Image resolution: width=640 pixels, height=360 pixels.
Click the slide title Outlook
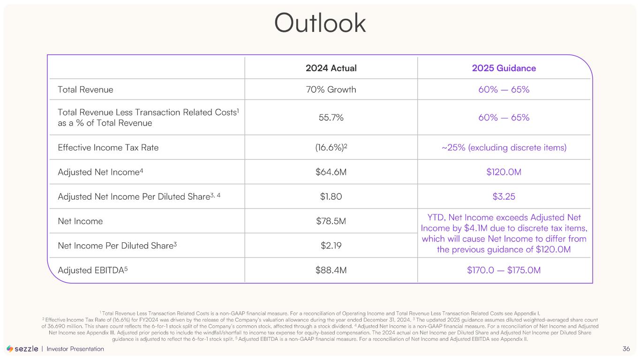point(320,23)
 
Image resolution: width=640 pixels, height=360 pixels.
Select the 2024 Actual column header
point(331,68)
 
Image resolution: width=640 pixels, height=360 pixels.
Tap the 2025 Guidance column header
point(504,68)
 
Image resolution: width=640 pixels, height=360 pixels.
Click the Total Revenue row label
point(85,90)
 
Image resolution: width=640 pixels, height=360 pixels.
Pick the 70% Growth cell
point(331,90)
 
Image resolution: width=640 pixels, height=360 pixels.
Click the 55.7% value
point(331,118)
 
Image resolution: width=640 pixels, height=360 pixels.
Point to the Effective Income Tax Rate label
point(108,148)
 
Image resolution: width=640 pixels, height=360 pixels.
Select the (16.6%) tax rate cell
point(331,148)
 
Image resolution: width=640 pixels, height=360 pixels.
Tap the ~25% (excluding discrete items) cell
point(504,148)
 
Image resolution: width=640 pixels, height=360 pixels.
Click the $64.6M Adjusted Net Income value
point(331,172)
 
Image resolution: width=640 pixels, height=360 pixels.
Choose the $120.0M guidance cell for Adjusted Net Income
point(504,172)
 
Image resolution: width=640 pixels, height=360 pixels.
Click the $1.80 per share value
point(331,196)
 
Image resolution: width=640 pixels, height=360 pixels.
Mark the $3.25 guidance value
point(504,196)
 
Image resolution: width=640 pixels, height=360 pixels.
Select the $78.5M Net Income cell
point(331,221)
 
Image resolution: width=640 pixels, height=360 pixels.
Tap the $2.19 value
point(331,246)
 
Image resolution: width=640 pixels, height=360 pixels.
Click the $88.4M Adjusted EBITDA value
point(331,270)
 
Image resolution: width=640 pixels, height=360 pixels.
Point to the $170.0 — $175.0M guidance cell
point(504,270)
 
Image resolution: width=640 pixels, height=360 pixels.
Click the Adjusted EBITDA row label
point(92,270)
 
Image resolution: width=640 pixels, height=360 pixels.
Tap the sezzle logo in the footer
point(23,349)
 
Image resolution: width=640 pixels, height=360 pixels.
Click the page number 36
point(626,349)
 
